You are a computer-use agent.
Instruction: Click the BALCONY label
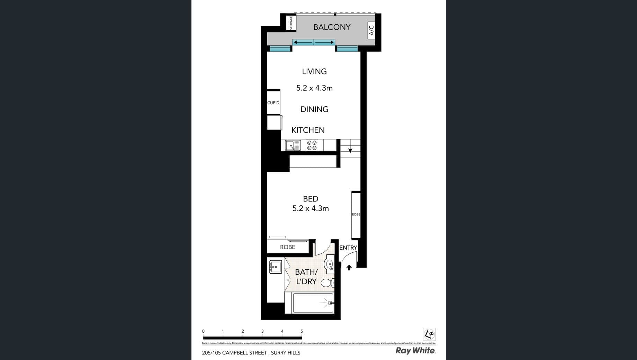pyautogui.click(x=332, y=27)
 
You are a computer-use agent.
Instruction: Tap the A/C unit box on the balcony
pyautogui.click(x=371, y=30)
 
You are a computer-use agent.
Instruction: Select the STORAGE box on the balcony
pyautogui.click(x=291, y=22)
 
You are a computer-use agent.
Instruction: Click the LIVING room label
pyautogui.click(x=314, y=71)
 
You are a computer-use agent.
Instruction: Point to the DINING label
pyautogui.click(x=314, y=109)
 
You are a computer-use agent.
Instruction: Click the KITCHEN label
pyautogui.click(x=308, y=130)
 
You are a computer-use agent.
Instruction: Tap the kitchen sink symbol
pyautogui.click(x=293, y=145)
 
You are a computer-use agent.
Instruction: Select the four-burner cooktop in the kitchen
pyautogui.click(x=312, y=145)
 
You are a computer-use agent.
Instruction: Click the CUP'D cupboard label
pyautogui.click(x=273, y=103)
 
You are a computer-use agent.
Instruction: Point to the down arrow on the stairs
pyautogui.click(x=350, y=150)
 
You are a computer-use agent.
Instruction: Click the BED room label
pyautogui.click(x=310, y=199)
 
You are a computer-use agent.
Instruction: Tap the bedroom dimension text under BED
pyautogui.click(x=310, y=208)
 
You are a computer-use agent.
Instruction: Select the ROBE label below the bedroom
pyautogui.click(x=287, y=247)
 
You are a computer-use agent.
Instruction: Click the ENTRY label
pyautogui.click(x=348, y=247)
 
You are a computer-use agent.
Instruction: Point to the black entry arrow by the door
pyautogui.click(x=349, y=268)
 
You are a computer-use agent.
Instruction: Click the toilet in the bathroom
pyautogui.click(x=326, y=283)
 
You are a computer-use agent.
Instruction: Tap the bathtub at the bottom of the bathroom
pyautogui.click(x=313, y=303)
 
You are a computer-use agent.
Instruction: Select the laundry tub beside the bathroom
pyautogui.click(x=275, y=267)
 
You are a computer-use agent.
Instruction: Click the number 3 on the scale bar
pyautogui.click(x=262, y=331)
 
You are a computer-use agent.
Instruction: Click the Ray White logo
pyautogui.click(x=415, y=351)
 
